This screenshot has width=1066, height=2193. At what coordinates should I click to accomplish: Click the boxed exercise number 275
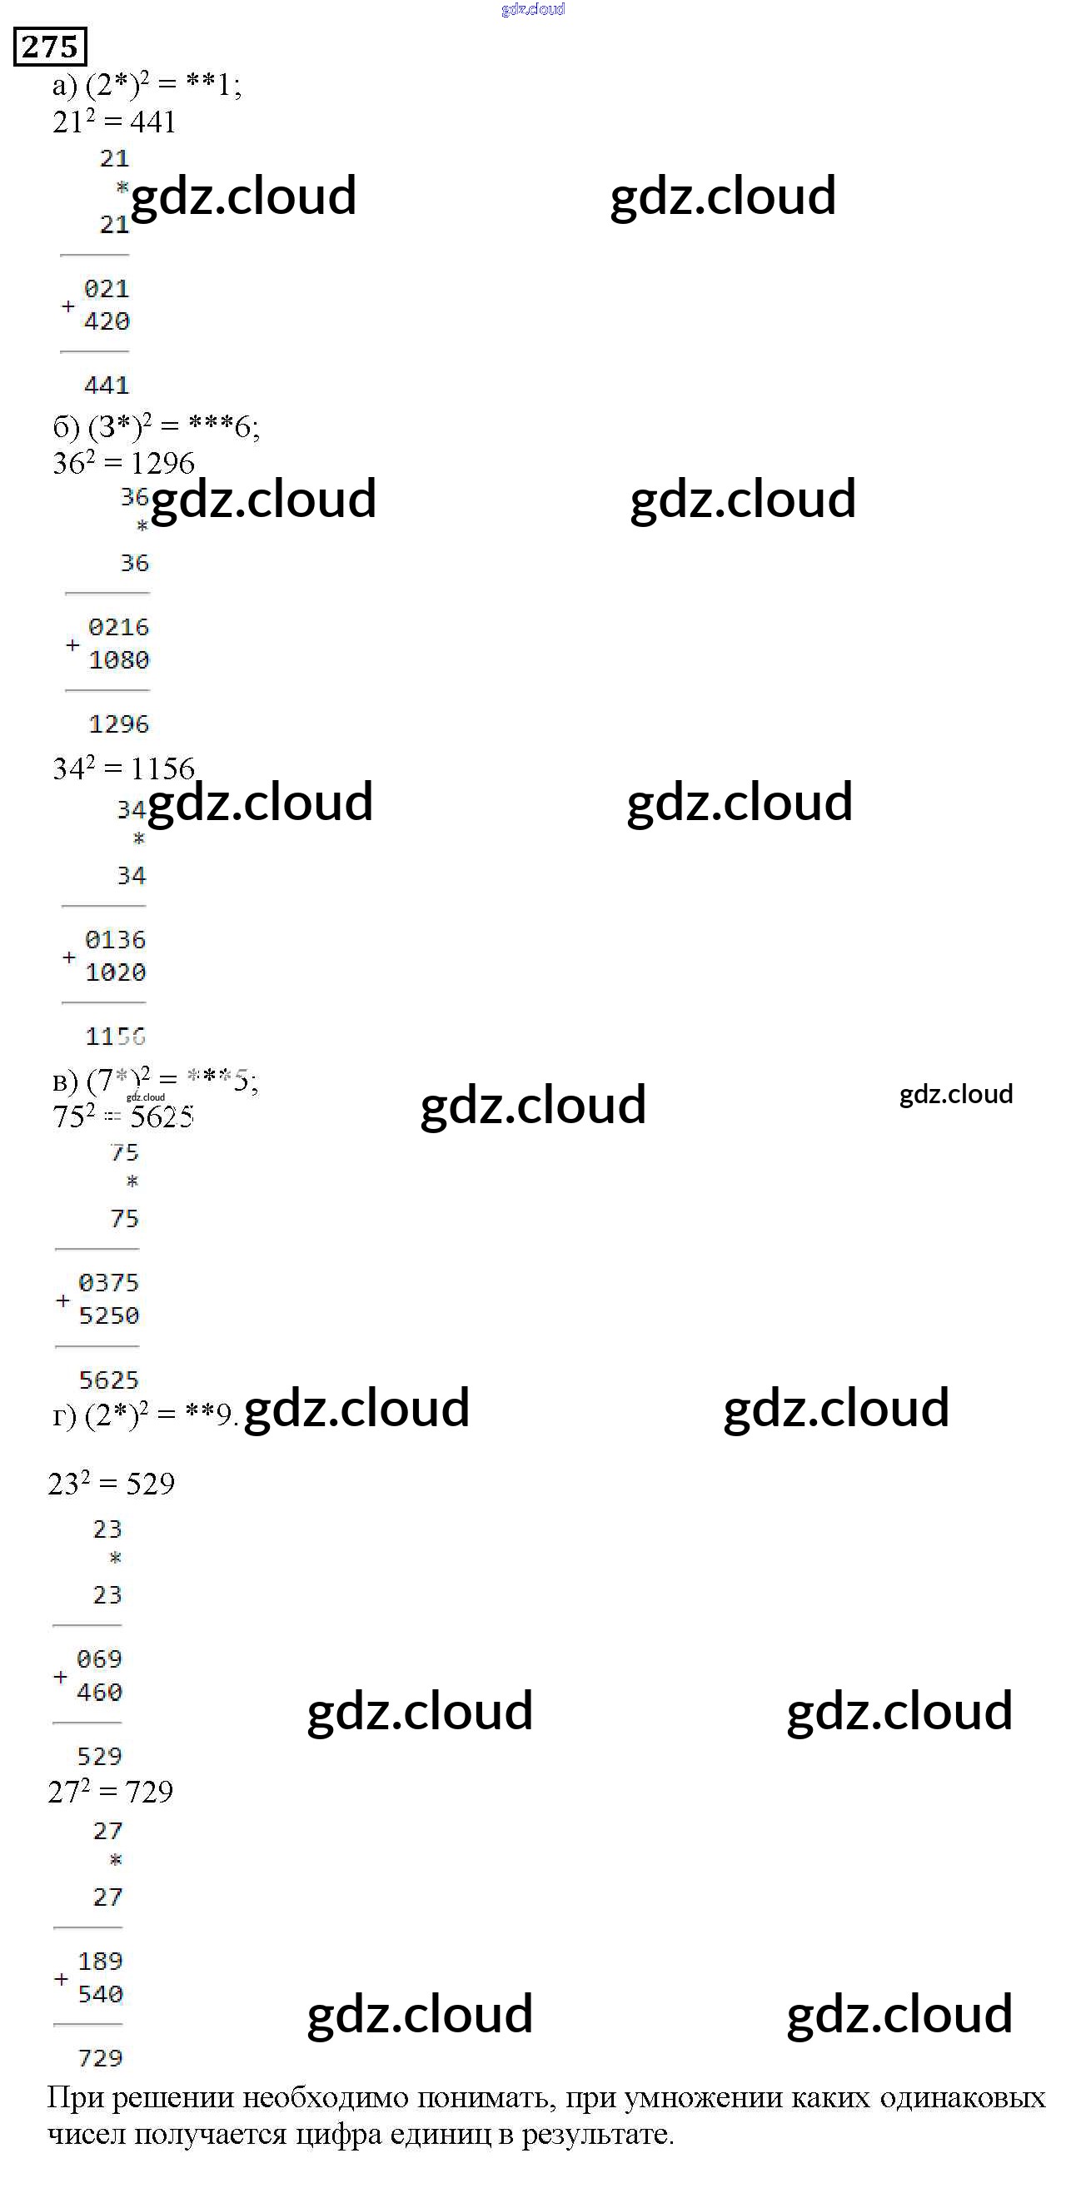coord(50,46)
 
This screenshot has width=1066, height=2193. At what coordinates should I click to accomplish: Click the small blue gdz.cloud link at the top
coord(533,9)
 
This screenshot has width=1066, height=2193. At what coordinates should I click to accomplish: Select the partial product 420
coord(107,321)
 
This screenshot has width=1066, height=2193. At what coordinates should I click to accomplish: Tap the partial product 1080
coord(118,659)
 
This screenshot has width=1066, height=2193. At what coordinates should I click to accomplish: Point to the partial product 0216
coord(118,628)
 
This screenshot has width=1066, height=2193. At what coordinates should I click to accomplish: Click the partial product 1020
coord(115,972)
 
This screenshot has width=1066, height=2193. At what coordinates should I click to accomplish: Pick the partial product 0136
coord(115,940)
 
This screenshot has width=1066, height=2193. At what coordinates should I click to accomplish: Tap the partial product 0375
coord(108,1283)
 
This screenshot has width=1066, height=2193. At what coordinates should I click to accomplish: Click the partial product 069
coord(100,1659)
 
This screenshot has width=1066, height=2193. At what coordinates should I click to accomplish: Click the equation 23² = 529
coord(112,1484)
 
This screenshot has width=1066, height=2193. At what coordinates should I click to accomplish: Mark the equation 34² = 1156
coord(123,768)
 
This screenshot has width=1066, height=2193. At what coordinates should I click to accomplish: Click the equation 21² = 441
coord(114,122)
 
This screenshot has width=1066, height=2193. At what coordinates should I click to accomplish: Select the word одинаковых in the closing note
coord(962,2097)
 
